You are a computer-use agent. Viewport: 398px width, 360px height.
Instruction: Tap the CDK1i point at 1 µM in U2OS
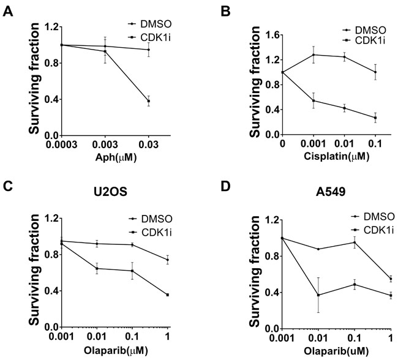167,294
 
